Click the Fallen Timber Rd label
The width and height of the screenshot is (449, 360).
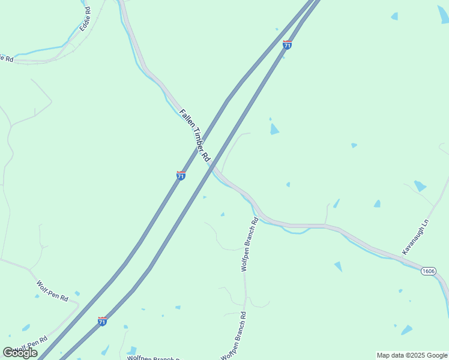[194, 136]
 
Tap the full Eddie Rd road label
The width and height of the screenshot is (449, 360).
[84, 19]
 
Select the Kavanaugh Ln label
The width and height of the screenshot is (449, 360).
[417, 236]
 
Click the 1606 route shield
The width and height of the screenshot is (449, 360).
[428, 271]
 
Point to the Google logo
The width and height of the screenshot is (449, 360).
[20, 353]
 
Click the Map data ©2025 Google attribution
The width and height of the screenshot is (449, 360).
[412, 355]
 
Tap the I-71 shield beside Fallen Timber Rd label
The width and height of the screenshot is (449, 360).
[181, 175]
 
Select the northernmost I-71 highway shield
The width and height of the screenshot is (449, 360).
[287, 45]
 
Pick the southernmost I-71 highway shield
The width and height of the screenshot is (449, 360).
[102, 322]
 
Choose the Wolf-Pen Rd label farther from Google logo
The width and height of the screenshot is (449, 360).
[52, 290]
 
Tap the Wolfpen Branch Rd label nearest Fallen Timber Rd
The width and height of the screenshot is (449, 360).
[249, 245]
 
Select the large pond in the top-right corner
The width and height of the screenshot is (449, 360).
[443, 15]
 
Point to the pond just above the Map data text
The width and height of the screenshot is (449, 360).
[407, 330]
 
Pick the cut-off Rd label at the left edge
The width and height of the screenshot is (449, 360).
[6, 58]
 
